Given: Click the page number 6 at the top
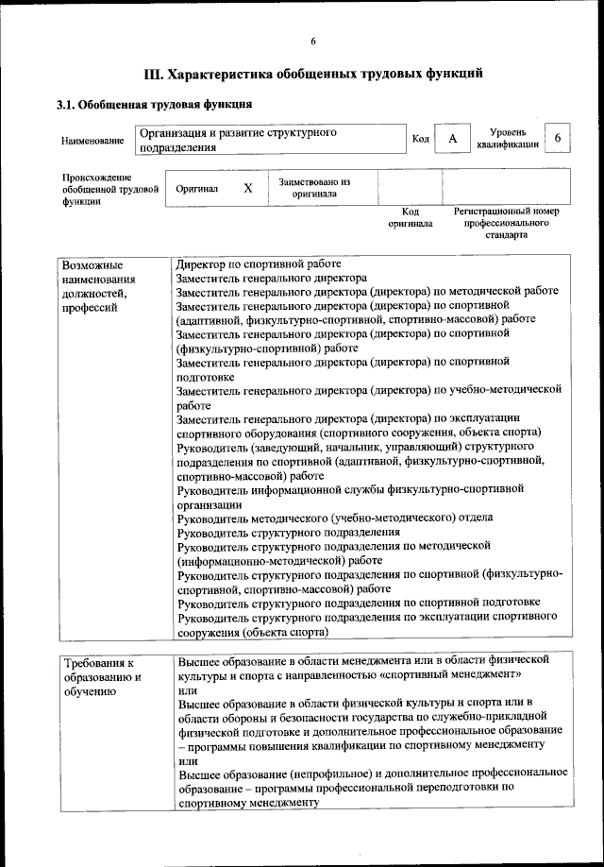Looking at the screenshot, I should tap(313, 41).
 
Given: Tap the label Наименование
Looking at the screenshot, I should tap(92, 141).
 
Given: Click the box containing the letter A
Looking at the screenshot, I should tap(453, 140).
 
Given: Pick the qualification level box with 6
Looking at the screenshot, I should tap(558, 139).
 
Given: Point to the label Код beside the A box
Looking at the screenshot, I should tap(421, 140).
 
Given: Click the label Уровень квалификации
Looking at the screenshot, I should tap(508, 139).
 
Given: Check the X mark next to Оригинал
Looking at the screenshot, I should tap(247, 188).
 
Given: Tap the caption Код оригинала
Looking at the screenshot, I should tap(410, 218).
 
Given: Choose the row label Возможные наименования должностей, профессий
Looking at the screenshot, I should tap(98, 286).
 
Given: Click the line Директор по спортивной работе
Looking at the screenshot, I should tap(259, 264).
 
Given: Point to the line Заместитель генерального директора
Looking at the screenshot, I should tap(272, 279).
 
